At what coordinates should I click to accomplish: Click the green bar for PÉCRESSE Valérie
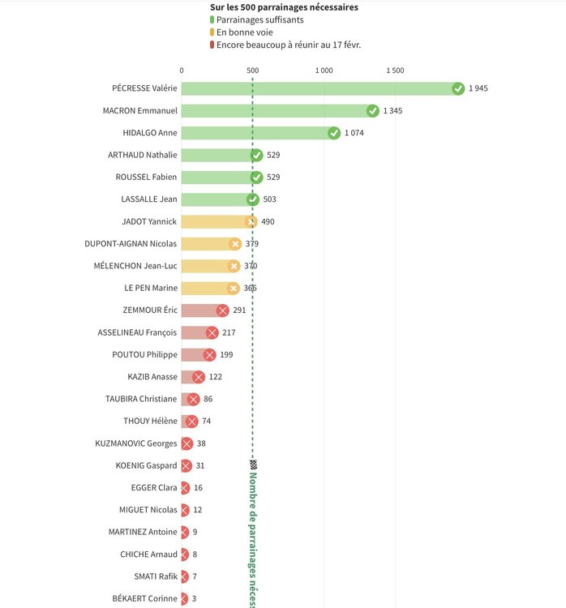tap(316, 88)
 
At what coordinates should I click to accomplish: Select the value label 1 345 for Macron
tap(392, 111)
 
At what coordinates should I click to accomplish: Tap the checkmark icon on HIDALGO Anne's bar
tap(334, 133)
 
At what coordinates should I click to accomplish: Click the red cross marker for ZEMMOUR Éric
tap(222, 310)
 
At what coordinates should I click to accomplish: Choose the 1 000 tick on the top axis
tap(324, 71)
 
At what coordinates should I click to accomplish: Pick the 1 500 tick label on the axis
tap(395, 71)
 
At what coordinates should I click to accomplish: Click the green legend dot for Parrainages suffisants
tap(212, 19)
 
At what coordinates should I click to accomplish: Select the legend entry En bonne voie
tap(244, 32)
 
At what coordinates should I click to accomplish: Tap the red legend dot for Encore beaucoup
tap(212, 45)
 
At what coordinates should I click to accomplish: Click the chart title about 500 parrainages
tap(284, 6)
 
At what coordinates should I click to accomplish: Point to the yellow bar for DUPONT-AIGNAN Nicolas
tap(207, 243)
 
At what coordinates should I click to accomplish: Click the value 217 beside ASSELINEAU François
tap(229, 332)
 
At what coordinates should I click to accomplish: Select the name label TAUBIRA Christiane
tap(141, 399)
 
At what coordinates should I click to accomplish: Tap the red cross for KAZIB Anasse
tap(199, 376)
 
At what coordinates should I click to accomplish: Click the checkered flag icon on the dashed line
tap(253, 465)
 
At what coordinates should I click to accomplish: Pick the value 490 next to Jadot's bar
tap(268, 221)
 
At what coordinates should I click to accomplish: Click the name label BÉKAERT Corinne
tap(144, 598)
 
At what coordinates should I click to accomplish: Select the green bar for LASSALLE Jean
tap(215, 199)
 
